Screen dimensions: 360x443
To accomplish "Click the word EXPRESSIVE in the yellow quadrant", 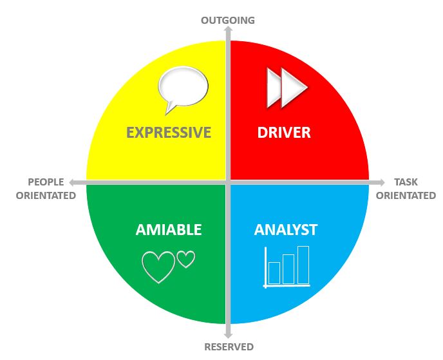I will [169, 133].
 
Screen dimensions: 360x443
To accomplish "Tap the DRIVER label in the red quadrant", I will [284, 133].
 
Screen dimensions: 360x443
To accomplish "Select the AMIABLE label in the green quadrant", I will [169, 229].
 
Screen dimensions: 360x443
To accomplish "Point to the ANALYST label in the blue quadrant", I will [286, 229].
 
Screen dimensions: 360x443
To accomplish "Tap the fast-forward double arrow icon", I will [287, 88].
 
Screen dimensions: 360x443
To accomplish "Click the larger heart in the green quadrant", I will [158, 267].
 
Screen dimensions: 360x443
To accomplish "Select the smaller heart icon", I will [186, 259].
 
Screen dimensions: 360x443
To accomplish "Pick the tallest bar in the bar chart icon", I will [303, 265].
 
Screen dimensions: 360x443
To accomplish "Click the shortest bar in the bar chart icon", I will [274, 272].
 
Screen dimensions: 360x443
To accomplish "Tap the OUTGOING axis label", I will [228, 20].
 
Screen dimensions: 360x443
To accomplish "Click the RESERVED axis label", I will [229, 347].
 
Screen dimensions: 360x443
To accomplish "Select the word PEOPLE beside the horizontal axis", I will [46, 182].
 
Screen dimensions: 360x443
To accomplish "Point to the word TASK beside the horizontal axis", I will [406, 182].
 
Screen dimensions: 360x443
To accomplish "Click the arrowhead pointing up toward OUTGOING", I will [228, 30].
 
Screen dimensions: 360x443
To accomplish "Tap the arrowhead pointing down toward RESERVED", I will [228, 334].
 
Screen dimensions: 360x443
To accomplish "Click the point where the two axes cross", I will [228, 182].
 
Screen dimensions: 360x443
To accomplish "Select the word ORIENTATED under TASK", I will [406, 195].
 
